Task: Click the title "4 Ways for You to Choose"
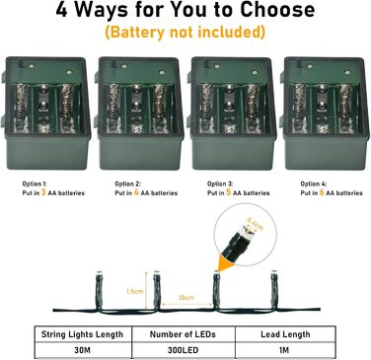185,13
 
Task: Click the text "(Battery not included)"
185,33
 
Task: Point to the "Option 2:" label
126,183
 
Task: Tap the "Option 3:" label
219,183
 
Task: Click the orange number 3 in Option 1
41,192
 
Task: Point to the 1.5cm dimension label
134,291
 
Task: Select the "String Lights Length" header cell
82,334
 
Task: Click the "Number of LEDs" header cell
185,334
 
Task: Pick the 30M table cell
82,350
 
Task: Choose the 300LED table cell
185,350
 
